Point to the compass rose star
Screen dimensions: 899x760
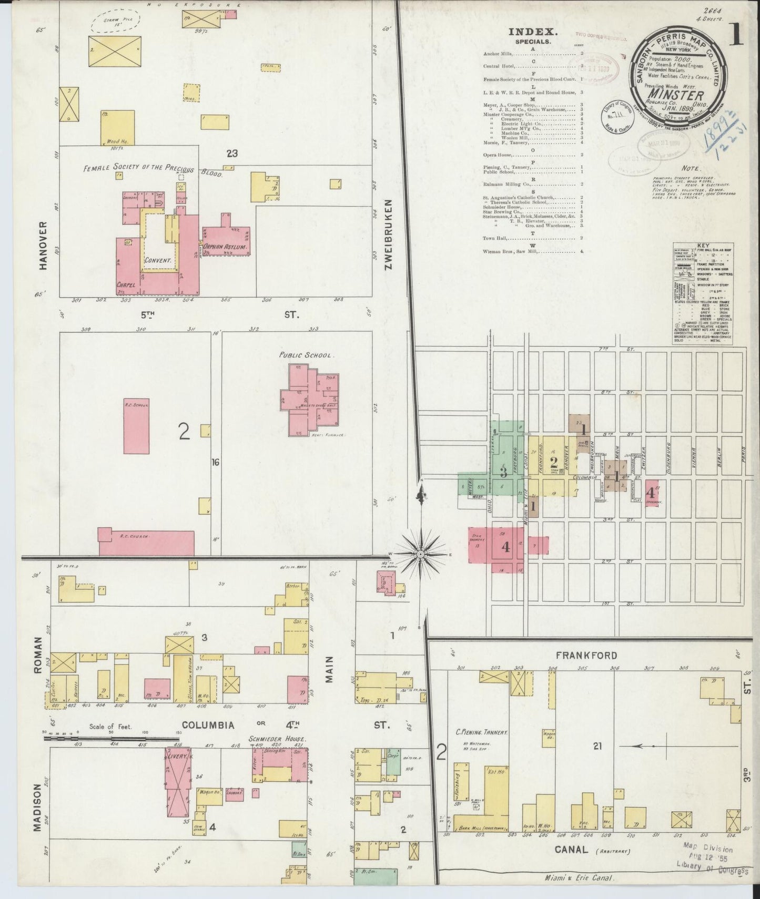coord(421,554)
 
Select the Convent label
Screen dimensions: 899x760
coord(158,260)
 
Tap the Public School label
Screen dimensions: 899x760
coord(306,355)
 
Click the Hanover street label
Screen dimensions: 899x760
coord(44,246)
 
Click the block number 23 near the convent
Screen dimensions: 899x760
coord(232,154)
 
